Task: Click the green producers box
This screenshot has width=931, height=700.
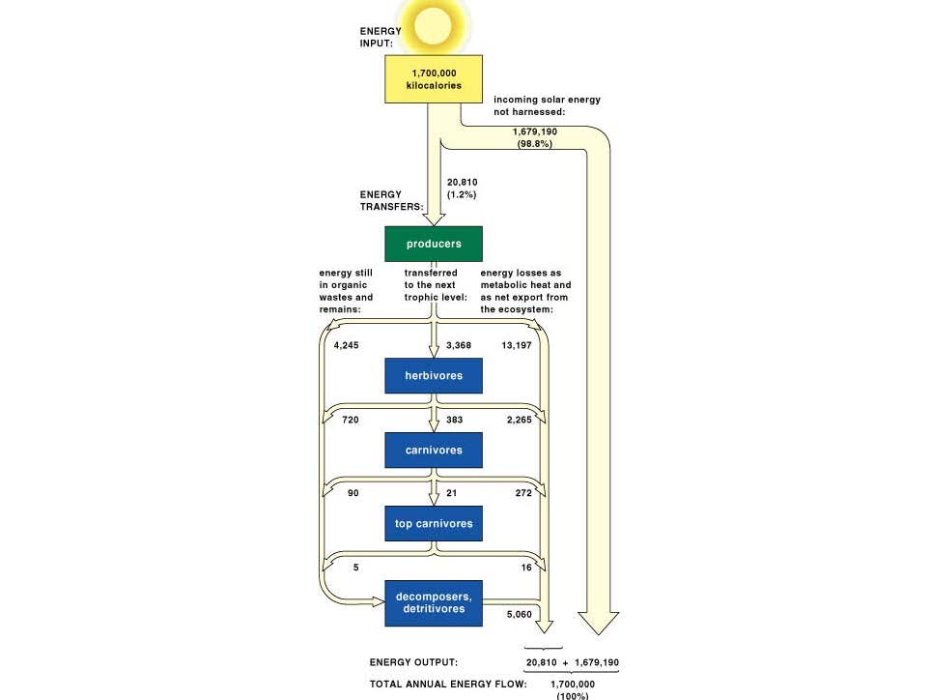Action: pyautogui.click(x=434, y=244)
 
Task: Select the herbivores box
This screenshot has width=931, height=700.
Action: pyautogui.click(x=434, y=375)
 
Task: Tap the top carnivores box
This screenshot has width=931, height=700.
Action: pyautogui.click(x=434, y=523)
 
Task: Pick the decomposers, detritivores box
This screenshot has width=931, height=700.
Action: pyautogui.click(x=434, y=603)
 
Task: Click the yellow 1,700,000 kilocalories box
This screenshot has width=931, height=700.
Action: pyautogui.click(x=434, y=79)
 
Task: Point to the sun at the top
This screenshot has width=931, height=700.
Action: pyautogui.click(x=433, y=26)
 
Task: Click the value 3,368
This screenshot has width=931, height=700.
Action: pyautogui.click(x=459, y=345)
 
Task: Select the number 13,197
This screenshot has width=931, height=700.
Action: pyautogui.click(x=517, y=345)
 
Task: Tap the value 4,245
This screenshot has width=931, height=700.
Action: pyautogui.click(x=346, y=345)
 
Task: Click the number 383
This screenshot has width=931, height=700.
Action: pyautogui.click(x=454, y=420)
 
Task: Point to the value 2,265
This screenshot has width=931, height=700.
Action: pyautogui.click(x=520, y=420)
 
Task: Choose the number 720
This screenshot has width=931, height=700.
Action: pyautogui.click(x=351, y=420)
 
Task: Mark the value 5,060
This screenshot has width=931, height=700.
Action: pyautogui.click(x=520, y=614)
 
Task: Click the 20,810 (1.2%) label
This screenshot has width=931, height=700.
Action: pyautogui.click(x=462, y=189)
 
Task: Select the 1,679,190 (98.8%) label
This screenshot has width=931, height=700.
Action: pyautogui.click(x=535, y=137)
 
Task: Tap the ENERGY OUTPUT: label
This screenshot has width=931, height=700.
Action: pyautogui.click(x=414, y=662)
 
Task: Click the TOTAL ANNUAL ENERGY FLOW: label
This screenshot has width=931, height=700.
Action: pyautogui.click(x=448, y=684)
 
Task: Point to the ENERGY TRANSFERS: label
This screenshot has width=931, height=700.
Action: pyautogui.click(x=392, y=200)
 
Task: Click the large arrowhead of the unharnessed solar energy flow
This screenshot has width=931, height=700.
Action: pyautogui.click(x=599, y=623)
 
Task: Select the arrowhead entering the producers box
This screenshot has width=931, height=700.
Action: pyautogui.click(x=434, y=219)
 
